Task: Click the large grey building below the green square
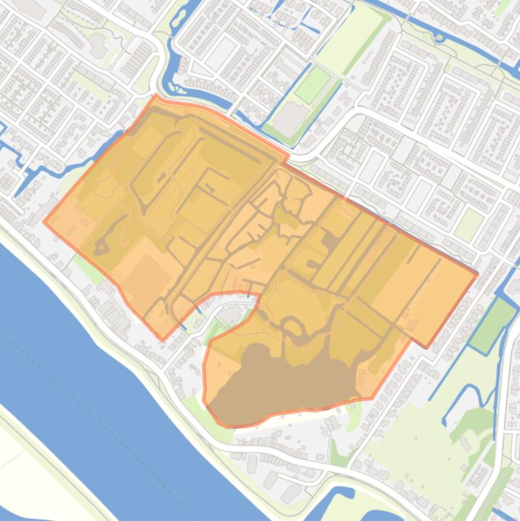[x=291, y=118]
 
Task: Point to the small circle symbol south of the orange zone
[x=326, y=432]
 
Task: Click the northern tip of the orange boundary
[x=156, y=96]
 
